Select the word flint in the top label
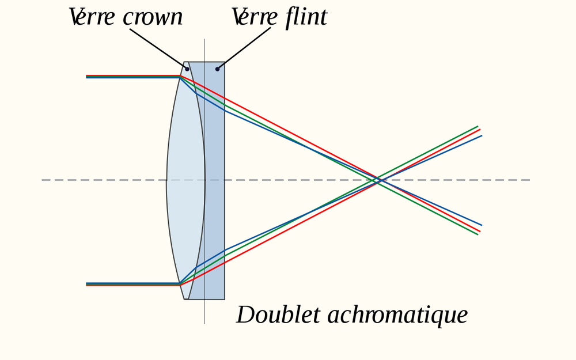tap(306, 17)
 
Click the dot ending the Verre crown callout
tap(187, 69)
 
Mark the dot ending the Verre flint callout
tap(217, 69)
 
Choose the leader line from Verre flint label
tap(244, 48)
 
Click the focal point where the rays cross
tap(378, 180)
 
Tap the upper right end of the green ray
tap(478, 126)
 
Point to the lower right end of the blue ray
tap(482, 225)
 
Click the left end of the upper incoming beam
tap(87, 76)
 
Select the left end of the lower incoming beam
tap(87, 284)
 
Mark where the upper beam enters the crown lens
tap(180, 76)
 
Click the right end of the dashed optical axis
tap(529, 180)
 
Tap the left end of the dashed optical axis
tap(42, 180)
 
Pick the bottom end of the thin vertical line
tap(204, 323)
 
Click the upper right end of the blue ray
tap(482, 135)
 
